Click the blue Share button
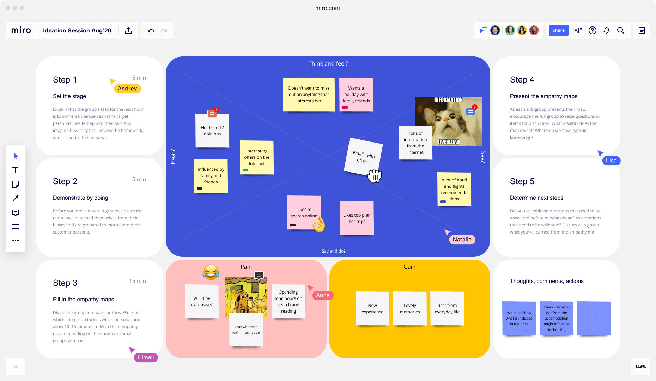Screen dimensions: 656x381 (558, 30)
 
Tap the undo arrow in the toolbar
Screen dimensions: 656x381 (151, 30)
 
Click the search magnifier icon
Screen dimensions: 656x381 (620, 30)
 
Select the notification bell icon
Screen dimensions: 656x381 (607, 30)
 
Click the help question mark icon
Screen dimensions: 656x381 (593, 30)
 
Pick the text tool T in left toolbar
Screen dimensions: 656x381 (16, 170)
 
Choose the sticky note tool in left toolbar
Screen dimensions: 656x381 (16, 184)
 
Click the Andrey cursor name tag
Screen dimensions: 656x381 (127, 89)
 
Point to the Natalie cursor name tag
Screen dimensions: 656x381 (462, 240)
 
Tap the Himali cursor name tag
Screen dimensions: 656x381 (146, 357)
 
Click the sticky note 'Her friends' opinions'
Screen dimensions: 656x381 (212, 131)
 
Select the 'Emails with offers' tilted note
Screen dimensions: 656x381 (363, 157)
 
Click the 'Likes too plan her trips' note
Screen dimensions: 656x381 (357, 218)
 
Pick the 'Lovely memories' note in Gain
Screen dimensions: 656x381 (410, 308)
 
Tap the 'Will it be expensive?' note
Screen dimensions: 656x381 (202, 301)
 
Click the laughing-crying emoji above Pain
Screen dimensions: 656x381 (211, 272)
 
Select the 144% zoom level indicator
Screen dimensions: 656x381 (640, 367)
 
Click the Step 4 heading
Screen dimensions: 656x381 (522, 80)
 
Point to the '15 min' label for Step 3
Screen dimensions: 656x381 (138, 281)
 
